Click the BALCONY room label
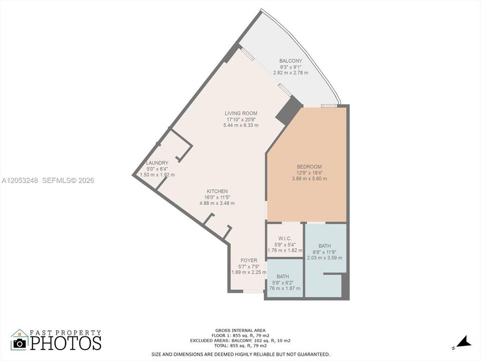pyautogui.click(x=291, y=61)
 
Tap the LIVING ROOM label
pyautogui.click(x=241, y=113)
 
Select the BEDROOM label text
pyautogui.click(x=309, y=166)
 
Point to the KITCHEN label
pyautogui.click(x=217, y=191)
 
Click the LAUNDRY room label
pyautogui.click(x=157, y=163)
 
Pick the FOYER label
pyautogui.click(x=249, y=260)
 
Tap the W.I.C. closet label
pyautogui.click(x=285, y=239)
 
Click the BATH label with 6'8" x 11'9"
pyautogui.click(x=325, y=246)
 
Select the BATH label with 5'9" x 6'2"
pyautogui.click(x=283, y=277)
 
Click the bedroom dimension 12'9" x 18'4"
pyautogui.click(x=309, y=173)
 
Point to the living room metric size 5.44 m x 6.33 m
pyautogui.click(x=241, y=125)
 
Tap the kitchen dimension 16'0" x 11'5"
pyautogui.click(x=217, y=198)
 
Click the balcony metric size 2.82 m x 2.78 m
pyautogui.click(x=291, y=73)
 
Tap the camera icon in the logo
pyautogui.click(x=20, y=343)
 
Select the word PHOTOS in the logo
pyautogui.click(x=66, y=343)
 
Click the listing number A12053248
pyautogui.click(x=20, y=180)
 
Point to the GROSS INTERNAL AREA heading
pyautogui.click(x=241, y=330)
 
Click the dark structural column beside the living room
pyautogui.click(x=289, y=110)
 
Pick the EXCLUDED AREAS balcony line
pyautogui.click(x=240, y=340)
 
